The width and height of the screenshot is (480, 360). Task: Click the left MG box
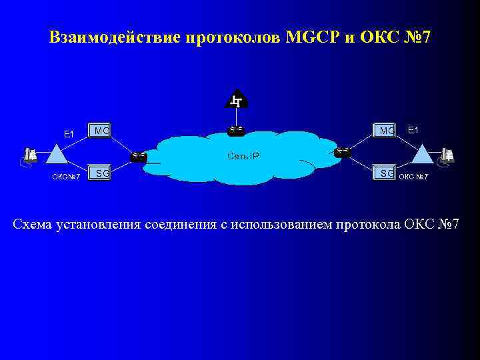click(101, 131)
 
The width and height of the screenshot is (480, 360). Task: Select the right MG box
click(385, 131)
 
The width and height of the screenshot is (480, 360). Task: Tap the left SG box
click(101, 173)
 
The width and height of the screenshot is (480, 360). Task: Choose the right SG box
click(385, 173)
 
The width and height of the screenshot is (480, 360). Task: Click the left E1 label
click(69, 134)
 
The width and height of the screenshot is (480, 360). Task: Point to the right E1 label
click(413, 130)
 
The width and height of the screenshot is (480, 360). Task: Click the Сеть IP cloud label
click(243, 157)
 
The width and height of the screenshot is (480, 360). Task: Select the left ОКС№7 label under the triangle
click(67, 177)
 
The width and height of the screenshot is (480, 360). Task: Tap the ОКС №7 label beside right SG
click(413, 177)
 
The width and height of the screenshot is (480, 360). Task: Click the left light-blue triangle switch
click(56, 155)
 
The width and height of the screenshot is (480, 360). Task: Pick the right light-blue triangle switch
click(423, 155)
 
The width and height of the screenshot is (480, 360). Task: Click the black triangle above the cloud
click(236, 100)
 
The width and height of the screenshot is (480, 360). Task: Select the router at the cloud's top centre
click(236, 129)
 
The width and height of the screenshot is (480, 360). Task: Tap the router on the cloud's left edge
click(139, 156)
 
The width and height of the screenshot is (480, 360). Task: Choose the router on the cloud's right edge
click(343, 152)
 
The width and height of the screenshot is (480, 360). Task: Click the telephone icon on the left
click(29, 156)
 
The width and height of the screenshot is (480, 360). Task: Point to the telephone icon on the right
click(447, 156)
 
